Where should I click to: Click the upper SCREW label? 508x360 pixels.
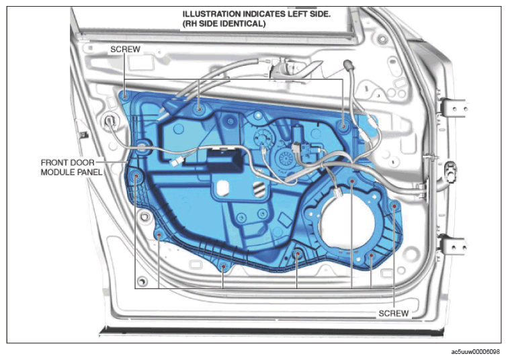click(126, 49)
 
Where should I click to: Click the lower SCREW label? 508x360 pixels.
click(394, 314)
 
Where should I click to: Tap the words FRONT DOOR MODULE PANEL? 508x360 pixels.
click(71, 167)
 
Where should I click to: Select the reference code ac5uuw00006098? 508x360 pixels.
click(475, 351)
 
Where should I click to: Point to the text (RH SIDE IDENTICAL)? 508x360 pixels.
click(224, 24)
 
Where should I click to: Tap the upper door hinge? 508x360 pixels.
click(453, 108)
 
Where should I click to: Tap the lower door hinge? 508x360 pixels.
click(453, 246)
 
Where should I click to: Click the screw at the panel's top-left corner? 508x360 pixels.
click(126, 96)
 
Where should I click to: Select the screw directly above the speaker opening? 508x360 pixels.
click(352, 181)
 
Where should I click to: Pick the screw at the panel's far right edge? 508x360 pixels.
click(394, 206)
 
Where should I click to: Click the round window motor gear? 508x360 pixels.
click(286, 159)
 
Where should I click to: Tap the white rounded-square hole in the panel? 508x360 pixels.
click(223, 188)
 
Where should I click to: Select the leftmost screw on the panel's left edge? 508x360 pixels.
click(136, 176)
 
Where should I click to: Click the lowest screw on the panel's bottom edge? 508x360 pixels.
click(223, 266)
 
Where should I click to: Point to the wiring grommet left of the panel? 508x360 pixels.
click(110, 121)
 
